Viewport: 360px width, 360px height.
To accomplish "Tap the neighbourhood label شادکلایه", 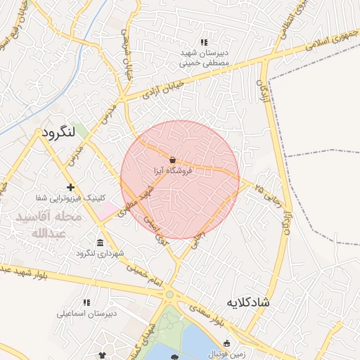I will click(x=247, y=303).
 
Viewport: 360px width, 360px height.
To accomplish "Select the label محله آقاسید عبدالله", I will click(x=49, y=225).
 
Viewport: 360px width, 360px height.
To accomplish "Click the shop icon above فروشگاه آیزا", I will click(x=173, y=159).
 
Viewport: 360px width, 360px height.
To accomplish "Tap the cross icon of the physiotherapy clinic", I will click(x=70, y=187).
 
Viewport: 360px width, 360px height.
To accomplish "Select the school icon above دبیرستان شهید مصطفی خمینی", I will click(x=204, y=43).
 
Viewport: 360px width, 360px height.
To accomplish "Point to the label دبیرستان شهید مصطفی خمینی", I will click(x=205, y=58).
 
